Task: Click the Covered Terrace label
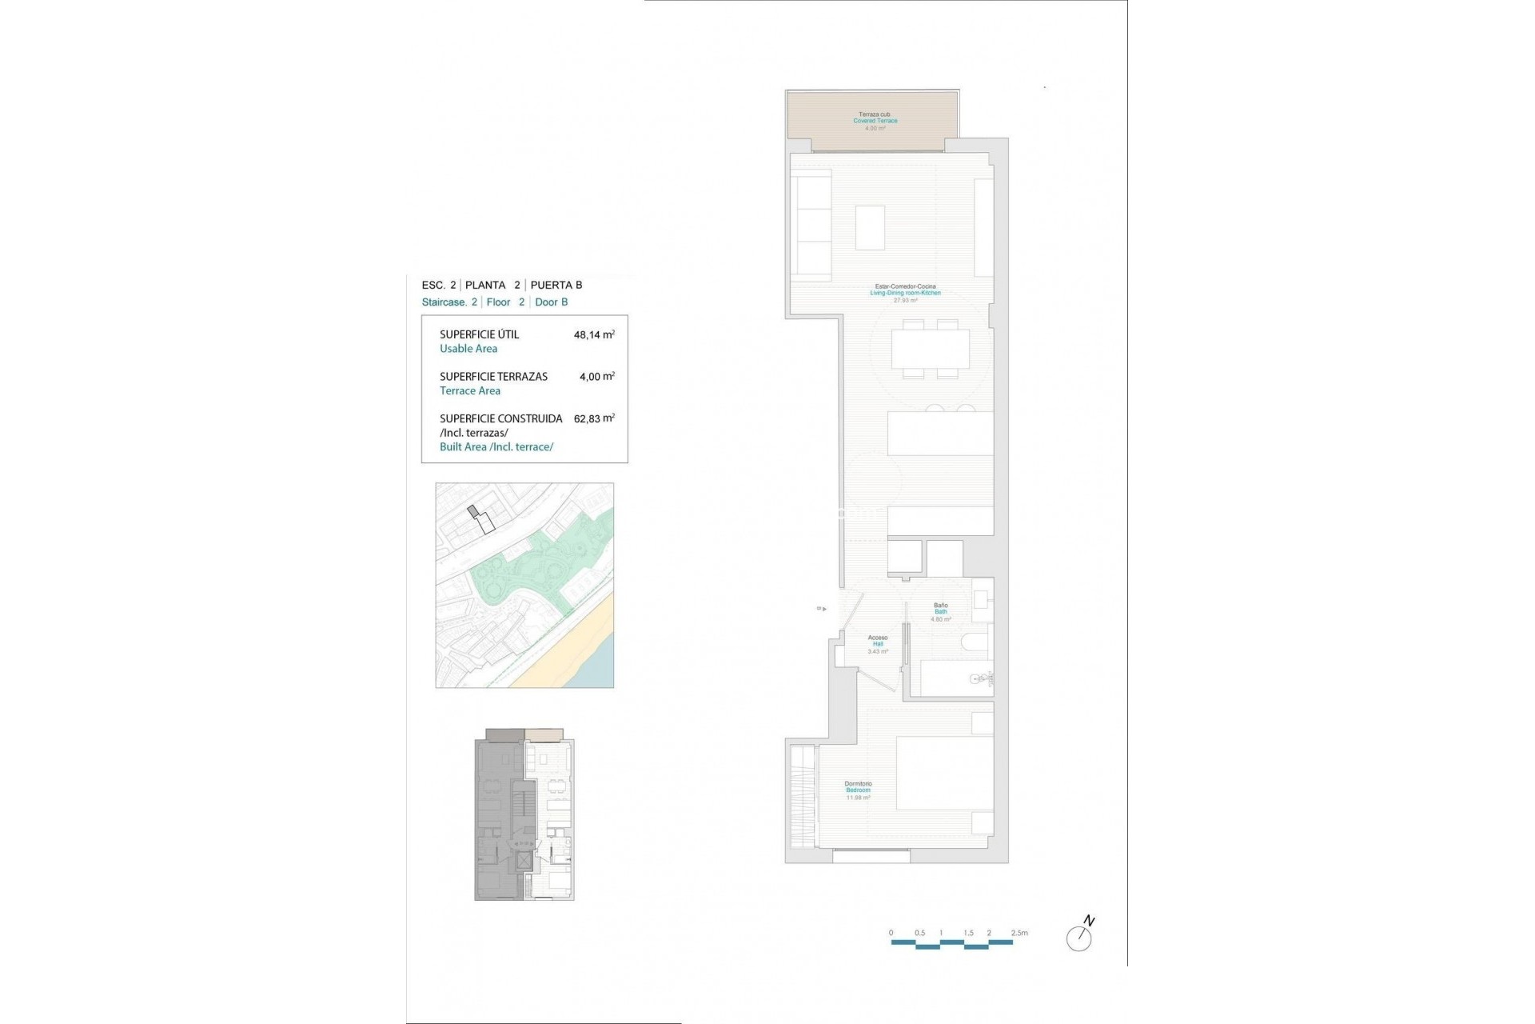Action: point(875,121)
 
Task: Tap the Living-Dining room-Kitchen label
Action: point(905,293)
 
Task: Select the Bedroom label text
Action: point(858,790)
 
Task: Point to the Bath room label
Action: point(941,612)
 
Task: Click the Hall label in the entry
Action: point(878,644)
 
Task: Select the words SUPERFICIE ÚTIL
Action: point(479,335)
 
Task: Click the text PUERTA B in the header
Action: point(556,285)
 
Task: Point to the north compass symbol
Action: point(1079,936)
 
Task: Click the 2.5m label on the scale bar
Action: point(1019,933)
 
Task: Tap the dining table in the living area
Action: point(931,350)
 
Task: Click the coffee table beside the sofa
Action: point(870,228)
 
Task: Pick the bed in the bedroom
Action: point(944,773)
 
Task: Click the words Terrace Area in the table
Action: point(470,391)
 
